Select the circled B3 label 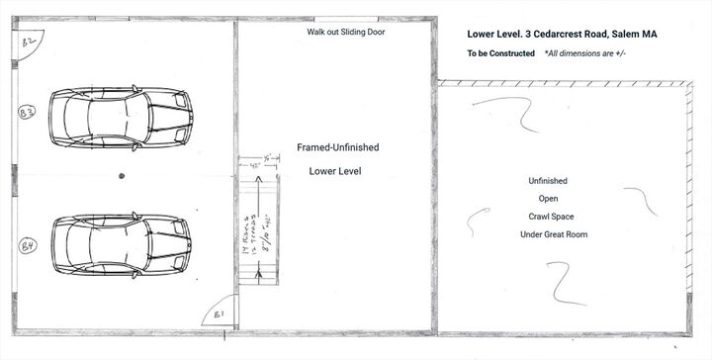coord(30,114)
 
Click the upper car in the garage coord(120,117)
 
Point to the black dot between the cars coord(121,176)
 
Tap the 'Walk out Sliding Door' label coord(345,33)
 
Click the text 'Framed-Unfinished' coord(337,147)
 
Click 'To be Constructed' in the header coord(501,52)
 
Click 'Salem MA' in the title coord(635,33)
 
